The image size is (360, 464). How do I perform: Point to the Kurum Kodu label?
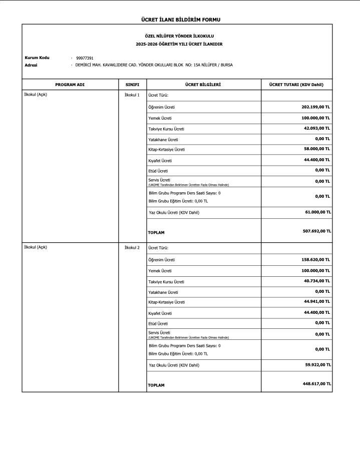click(37, 58)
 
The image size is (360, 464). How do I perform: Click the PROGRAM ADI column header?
click(70, 85)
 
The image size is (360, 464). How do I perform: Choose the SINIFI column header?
click(132, 85)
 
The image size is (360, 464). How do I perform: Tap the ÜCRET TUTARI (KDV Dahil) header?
click(296, 85)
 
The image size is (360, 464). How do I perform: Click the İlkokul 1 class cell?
click(132, 95)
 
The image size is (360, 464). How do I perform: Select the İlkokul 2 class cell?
click(132, 247)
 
